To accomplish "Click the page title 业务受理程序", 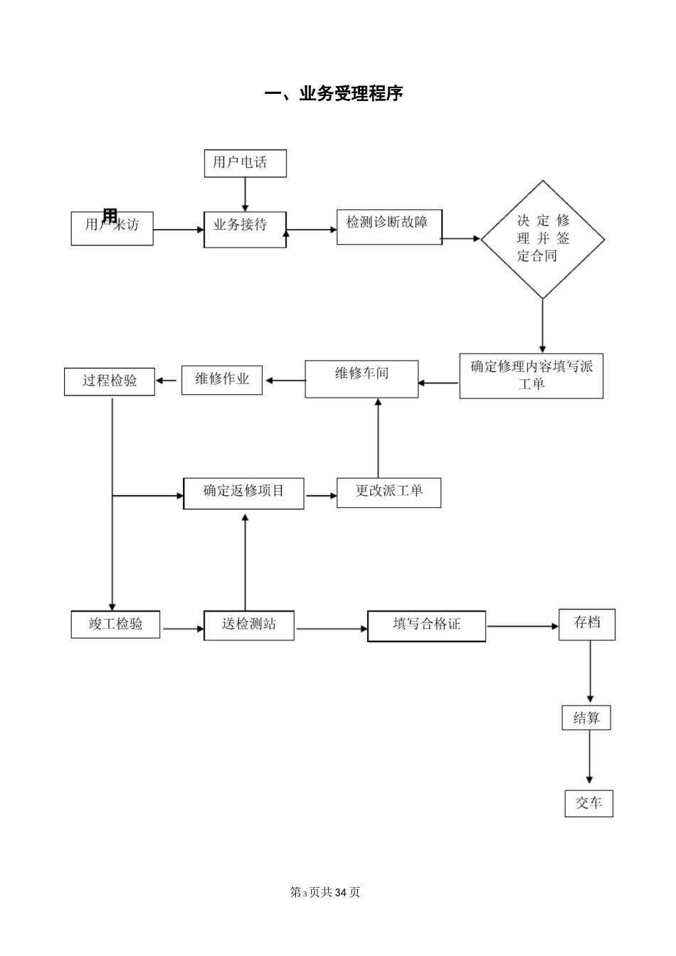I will coord(334,94).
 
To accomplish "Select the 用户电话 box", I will coord(245,163).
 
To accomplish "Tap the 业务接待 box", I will coord(245,229).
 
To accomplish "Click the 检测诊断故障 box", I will coord(389,226).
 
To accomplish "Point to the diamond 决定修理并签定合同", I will coord(542,239).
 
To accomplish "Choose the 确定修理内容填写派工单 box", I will coord(531,376).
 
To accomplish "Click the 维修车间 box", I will coord(361,378).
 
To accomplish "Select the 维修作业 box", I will coord(222,380).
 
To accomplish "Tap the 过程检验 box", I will coord(110,381).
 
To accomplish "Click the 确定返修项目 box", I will coord(243,493).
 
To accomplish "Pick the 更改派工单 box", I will coord(389,492).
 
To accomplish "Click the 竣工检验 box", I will coord(115,625).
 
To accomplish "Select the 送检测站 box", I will coord(248,625).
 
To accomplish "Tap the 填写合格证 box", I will coord(426,626).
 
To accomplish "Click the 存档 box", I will coord(586,625).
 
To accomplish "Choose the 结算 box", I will coord(586,718).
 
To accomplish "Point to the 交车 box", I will coord(588,804).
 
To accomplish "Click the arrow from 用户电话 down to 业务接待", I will coord(245,194).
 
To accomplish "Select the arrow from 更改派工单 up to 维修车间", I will coord(378,437).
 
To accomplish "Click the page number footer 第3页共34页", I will coord(325,892).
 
